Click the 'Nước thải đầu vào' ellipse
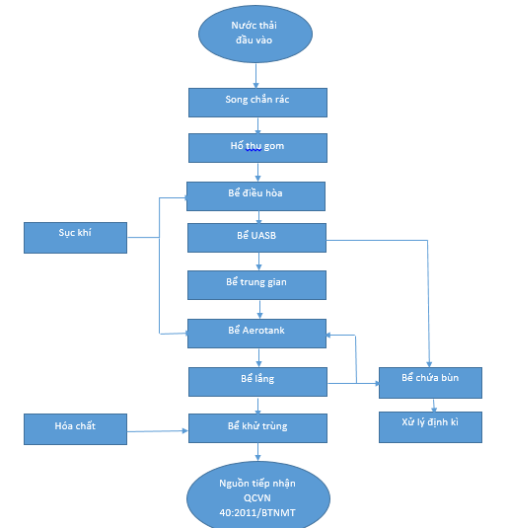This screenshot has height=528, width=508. pos(255,34)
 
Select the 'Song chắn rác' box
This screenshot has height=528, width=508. pos(257,103)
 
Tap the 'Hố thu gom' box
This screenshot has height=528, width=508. pos(257,148)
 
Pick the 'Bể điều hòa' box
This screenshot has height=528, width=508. pos(255,196)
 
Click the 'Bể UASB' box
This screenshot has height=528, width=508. pos(256,238)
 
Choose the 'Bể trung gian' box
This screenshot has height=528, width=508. pos(256,285)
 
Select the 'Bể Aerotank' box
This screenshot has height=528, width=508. pos(256,334)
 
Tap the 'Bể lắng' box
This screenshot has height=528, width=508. pos(257,382)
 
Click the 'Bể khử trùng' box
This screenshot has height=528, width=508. pos(257,428)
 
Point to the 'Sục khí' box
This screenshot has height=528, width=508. pos(75,238)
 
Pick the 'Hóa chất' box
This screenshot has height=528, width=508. pos(75,429)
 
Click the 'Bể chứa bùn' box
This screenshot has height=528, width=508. pos(430,383)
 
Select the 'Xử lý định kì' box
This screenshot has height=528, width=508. pos(430,427)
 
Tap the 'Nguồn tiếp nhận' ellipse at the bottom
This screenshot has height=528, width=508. pos(258,495)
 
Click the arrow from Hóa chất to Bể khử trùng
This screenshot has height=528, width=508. pos(158,431)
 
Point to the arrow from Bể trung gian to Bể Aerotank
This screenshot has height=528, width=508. pos(259,309)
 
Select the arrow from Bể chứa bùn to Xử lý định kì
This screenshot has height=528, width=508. pos(434,405)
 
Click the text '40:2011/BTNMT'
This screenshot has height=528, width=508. pos(257,513)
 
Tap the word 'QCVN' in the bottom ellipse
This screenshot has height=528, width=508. pos(257,498)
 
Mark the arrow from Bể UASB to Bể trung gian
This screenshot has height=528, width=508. pos(258,262)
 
